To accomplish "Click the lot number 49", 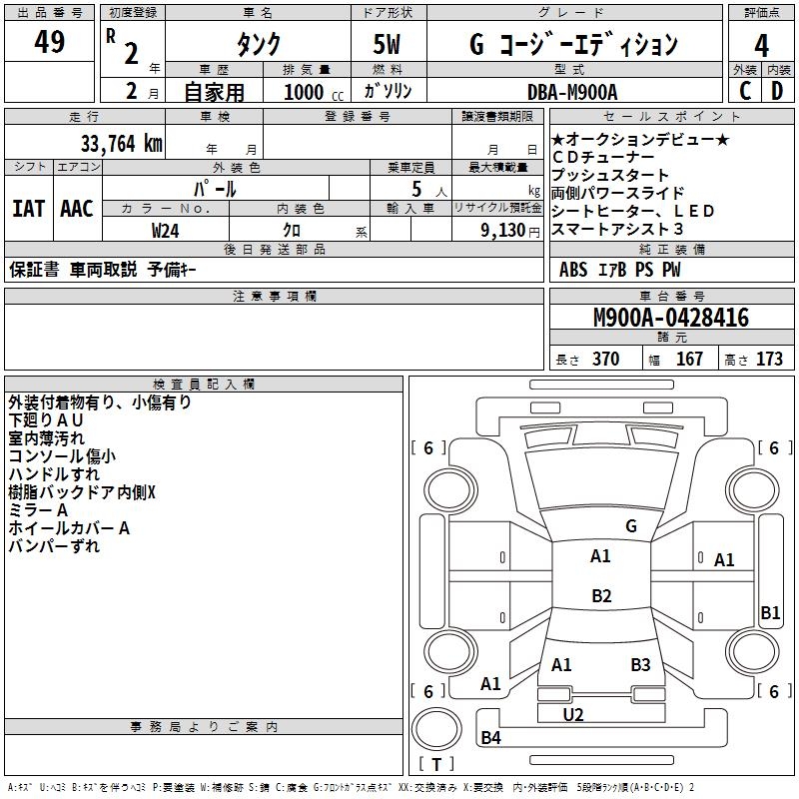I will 50,43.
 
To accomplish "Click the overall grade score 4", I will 762,45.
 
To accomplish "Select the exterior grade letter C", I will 745,91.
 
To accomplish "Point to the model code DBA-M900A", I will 572,92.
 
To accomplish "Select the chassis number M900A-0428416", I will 670,319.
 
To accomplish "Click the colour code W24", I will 166,230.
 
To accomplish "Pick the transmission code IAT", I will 28,209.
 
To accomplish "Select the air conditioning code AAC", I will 77,209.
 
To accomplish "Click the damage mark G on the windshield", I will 631,526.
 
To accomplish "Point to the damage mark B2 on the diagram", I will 601,596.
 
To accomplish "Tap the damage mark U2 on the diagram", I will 573,715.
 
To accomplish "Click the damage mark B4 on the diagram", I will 490,738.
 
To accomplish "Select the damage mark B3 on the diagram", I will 640,664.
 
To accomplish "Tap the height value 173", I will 769,360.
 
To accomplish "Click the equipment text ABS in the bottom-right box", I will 573,269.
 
